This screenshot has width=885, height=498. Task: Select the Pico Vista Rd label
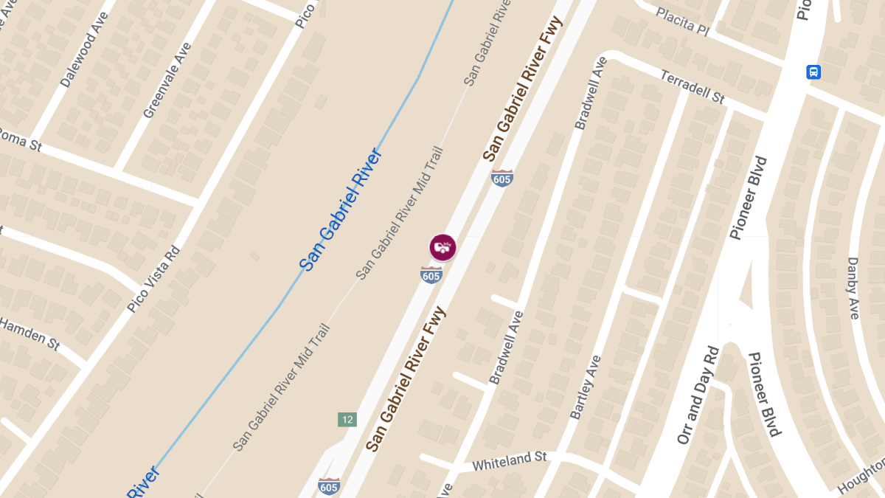coord(153,278)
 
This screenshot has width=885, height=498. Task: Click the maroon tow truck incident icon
coord(442,246)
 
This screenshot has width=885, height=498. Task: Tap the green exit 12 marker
coord(347,420)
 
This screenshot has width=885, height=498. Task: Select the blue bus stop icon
coord(813,72)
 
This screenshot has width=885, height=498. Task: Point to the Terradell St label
coord(693,86)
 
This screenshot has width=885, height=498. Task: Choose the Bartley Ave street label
coord(586,388)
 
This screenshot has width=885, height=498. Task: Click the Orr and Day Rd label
coord(697,395)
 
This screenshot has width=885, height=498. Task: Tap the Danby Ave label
coord(853,288)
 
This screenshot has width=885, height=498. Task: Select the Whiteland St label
coord(509,462)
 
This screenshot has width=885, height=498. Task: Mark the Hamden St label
coord(29,333)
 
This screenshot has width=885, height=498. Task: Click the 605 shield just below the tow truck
coord(431,274)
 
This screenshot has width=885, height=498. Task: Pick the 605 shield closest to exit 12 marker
coord(329,486)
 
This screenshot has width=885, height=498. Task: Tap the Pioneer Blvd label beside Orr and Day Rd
coord(763,395)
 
